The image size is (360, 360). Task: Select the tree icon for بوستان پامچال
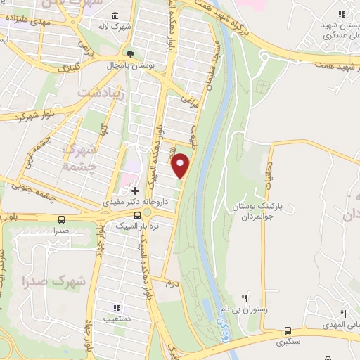[129, 53]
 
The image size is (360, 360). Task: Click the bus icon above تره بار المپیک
[136, 214]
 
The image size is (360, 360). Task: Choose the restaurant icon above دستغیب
[117, 307]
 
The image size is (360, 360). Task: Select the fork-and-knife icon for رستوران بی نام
[245, 298]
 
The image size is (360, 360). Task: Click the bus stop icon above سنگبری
[288, 330]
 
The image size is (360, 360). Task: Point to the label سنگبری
[286, 342]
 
